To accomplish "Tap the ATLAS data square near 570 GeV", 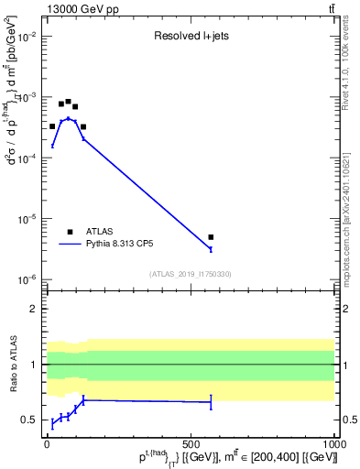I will [x=211, y=237].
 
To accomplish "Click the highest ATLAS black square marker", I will [x=68, y=102].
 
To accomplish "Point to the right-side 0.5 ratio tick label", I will [x=347, y=420].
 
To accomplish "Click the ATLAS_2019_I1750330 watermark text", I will [x=191, y=274].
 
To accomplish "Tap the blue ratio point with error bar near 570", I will [x=211, y=402].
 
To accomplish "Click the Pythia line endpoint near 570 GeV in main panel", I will [x=211, y=249].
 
